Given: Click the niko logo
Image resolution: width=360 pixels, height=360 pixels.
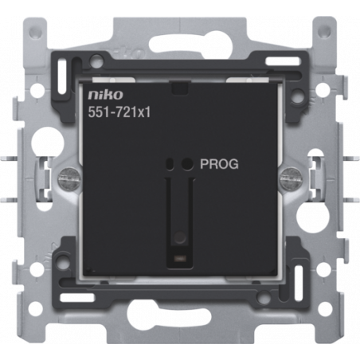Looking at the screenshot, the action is tap(105, 95).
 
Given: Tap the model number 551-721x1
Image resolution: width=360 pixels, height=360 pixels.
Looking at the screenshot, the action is tap(119, 112).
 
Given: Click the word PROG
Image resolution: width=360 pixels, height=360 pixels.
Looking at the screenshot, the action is tap(219, 164).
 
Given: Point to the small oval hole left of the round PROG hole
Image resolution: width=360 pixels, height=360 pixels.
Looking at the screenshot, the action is tap(170, 164).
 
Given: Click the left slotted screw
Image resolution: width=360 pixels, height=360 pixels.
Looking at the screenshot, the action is tap(68, 178).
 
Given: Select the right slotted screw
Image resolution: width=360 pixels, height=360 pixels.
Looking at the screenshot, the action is tap(290, 178).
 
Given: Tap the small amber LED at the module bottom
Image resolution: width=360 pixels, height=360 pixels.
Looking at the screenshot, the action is tap(179, 257).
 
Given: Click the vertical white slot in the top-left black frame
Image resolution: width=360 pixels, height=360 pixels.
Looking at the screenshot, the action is tap(62, 77).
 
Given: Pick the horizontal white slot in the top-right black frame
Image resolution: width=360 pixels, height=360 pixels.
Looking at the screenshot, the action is tap(283, 61).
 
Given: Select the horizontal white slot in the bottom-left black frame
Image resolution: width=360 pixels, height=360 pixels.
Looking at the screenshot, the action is tap(77, 297).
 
